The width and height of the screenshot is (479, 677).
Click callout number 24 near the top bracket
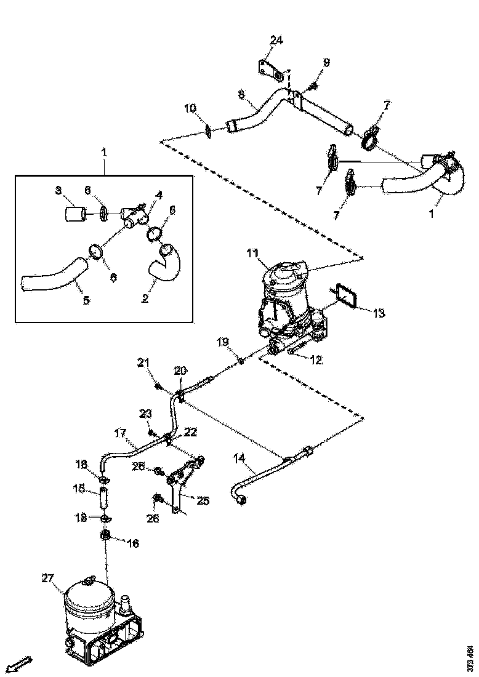[x=276, y=41]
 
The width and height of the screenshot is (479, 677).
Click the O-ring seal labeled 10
[x=209, y=130]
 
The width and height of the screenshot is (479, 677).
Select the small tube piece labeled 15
[x=105, y=495]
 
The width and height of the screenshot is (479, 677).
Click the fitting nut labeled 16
[x=105, y=535]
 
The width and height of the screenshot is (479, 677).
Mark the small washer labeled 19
[x=241, y=361]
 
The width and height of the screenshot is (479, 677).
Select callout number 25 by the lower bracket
[x=203, y=500]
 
